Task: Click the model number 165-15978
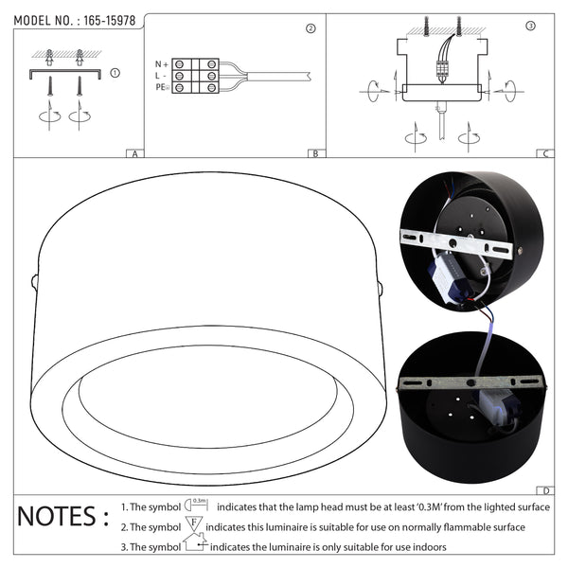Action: pyautogui.click(x=110, y=21)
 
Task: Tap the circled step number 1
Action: pyautogui.click(x=115, y=73)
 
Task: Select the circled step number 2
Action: pyautogui.click(x=311, y=28)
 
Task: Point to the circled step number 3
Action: pyautogui.click(x=530, y=26)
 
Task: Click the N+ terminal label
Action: pyautogui.click(x=162, y=64)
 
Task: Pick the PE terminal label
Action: pyautogui.click(x=162, y=87)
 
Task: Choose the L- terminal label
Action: pyautogui.click(x=161, y=76)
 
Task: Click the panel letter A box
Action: pyautogui.click(x=135, y=153)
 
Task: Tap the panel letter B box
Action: pyautogui.click(x=316, y=153)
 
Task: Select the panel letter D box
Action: pyautogui.click(x=545, y=490)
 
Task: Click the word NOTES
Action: pyautogui.click(x=57, y=516)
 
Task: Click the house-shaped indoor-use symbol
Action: pyautogui.click(x=195, y=541)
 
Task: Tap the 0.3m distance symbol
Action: pyautogui.click(x=196, y=505)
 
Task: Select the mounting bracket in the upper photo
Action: pyautogui.click(x=456, y=243)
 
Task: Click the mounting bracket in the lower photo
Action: pyautogui.click(x=470, y=382)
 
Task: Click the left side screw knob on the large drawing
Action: pyautogui.click(x=34, y=282)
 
